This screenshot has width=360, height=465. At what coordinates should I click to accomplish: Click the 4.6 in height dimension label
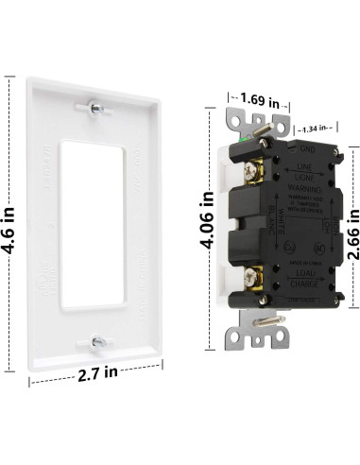tap(10, 232)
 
